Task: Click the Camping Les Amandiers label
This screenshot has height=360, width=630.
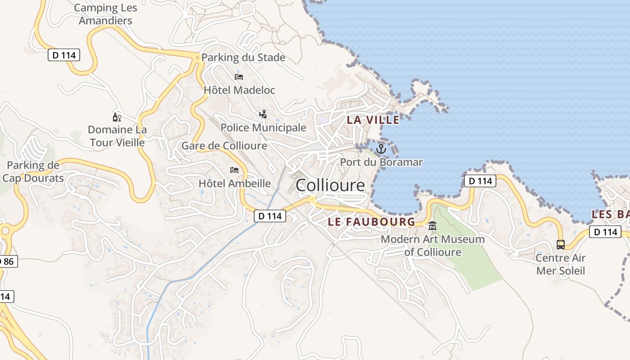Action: tap(106, 14)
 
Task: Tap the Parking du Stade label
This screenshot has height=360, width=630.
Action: tap(243, 57)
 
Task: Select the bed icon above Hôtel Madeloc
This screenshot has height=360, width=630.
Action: tap(239, 77)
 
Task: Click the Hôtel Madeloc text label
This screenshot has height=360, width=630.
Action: tap(239, 90)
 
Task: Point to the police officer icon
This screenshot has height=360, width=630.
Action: tap(263, 114)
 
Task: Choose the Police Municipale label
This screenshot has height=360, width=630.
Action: tap(263, 127)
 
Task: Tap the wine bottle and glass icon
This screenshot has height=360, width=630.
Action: tap(117, 117)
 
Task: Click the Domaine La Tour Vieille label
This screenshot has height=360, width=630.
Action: tap(117, 136)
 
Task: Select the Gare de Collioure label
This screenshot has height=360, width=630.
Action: tap(224, 146)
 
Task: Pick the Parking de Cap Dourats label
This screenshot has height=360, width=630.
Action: tap(33, 171)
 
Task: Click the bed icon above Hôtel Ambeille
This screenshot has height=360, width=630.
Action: tap(234, 170)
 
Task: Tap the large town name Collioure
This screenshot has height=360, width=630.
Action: tap(330, 185)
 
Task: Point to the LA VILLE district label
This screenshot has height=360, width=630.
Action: tap(373, 120)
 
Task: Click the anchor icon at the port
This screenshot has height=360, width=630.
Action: tap(381, 148)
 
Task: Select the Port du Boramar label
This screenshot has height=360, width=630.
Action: tap(381, 162)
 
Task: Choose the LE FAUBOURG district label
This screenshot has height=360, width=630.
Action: tap(371, 221)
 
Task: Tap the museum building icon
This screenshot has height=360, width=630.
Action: tap(432, 226)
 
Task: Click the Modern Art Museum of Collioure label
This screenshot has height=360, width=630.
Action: tap(432, 245)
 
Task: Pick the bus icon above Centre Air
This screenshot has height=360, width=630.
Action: tap(560, 245)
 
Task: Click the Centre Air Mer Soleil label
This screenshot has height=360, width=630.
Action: tap(560, 264)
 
